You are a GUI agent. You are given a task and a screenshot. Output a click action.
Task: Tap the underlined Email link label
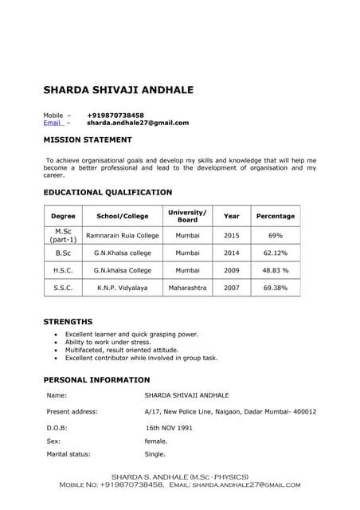pos(52,123)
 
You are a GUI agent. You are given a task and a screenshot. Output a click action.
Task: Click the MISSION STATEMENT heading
pos(88,140)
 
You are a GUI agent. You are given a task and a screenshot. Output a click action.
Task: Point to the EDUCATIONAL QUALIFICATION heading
pos(108,192)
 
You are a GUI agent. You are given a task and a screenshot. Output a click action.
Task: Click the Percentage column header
pos(275,216)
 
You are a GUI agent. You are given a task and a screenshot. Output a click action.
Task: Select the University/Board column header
pos(187,216)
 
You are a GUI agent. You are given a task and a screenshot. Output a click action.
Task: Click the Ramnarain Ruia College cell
pos(123,236)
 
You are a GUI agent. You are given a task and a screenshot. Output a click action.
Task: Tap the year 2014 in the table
pos(231,253)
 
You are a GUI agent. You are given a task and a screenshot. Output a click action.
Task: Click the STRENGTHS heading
pos(68,322)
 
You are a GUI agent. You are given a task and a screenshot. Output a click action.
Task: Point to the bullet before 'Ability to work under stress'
pos(54,343)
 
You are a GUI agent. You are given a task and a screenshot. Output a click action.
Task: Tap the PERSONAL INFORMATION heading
pos(96,380)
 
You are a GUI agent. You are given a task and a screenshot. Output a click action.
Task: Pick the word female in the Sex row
pos(156,441)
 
